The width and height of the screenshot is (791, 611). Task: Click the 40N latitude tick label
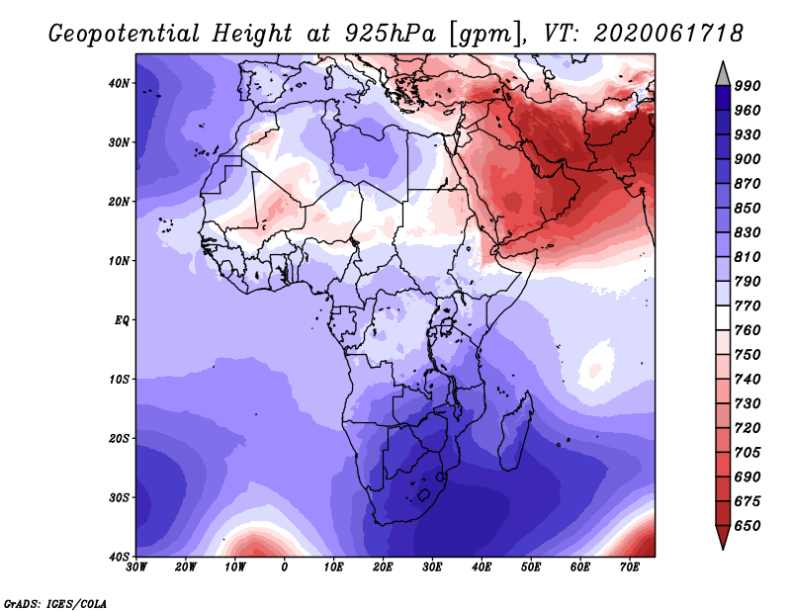point(119,83)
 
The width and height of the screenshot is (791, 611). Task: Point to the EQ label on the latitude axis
point(122,320)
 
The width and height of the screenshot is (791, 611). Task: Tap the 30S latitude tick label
point(119,498)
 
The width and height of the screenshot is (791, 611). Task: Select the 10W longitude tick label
point(235,567)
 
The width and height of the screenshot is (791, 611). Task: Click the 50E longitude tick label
point(531,567)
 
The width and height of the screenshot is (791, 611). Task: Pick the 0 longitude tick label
point(285,567)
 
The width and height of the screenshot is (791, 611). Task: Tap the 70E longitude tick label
point(630,567)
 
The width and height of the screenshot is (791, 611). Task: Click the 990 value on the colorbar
point(747,86)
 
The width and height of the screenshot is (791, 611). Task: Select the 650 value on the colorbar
point(747,526)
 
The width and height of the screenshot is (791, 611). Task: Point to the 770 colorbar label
point(747,305)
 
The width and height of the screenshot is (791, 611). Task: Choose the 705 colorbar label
point(747,453)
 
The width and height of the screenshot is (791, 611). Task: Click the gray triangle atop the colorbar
point(723,76)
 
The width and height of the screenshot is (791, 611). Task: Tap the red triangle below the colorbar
point(723,536)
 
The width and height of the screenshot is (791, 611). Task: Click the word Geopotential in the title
point(125,35)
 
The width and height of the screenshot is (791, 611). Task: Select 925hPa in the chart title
point(391,34)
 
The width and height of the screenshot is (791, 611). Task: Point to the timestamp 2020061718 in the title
point(668,34)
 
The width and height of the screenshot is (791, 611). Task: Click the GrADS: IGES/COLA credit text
point(55,603)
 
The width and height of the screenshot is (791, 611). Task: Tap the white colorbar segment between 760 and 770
point(723,318)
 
